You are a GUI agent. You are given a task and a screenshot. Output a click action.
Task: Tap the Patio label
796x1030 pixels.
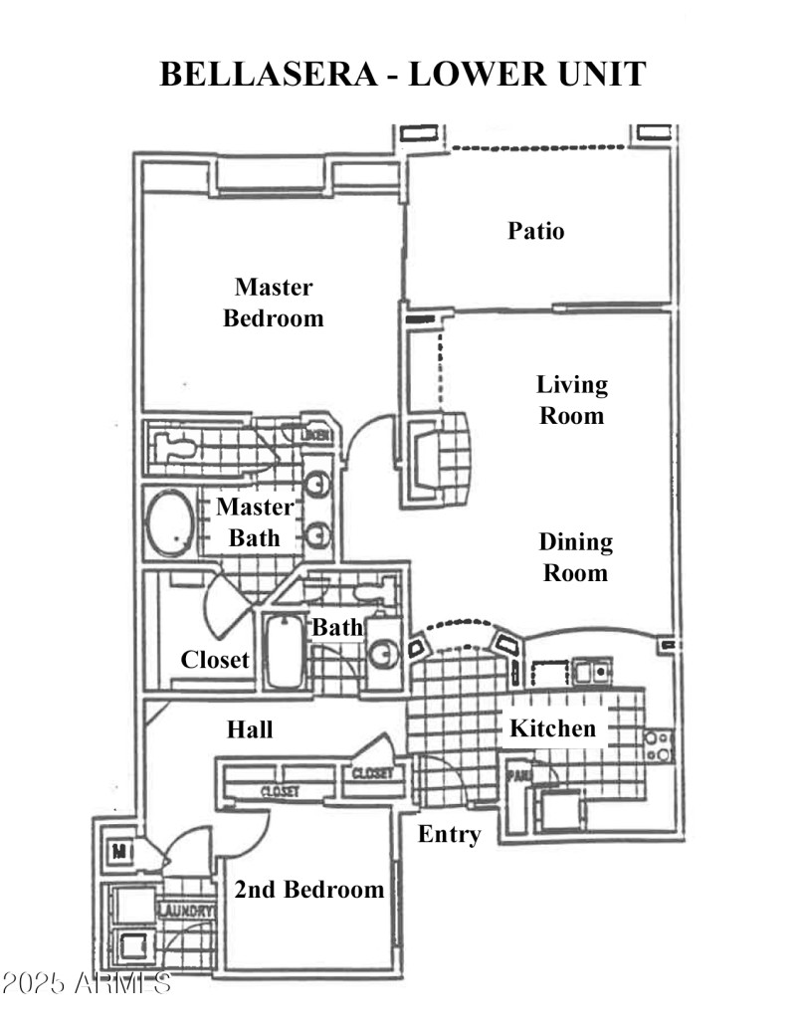coord(536,231)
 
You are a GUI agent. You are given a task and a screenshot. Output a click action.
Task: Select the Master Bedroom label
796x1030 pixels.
coord(274,303)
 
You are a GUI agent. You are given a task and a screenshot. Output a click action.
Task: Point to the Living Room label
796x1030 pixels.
coord(572,399)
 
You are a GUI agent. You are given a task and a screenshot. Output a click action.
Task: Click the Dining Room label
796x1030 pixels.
coord(575,557)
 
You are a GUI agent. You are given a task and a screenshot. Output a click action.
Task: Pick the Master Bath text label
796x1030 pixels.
coord(256,521)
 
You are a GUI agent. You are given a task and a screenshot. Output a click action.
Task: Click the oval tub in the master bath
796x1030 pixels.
coord(172,522)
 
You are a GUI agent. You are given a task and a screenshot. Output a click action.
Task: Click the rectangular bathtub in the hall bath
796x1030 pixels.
coord(285,652)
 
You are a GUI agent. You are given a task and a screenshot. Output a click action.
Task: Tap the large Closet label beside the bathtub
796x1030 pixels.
coord(215,659)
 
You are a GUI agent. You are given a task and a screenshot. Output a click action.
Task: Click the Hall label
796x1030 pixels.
coord(250,729)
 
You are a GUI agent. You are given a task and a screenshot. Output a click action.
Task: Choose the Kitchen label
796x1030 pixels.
coord(552,727)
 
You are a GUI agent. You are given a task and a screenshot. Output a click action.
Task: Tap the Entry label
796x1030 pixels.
coord(449,834)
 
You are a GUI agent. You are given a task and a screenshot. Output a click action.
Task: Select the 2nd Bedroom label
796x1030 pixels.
coord(308,889)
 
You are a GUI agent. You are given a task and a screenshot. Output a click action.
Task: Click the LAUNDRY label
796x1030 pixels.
coord(186,911)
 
